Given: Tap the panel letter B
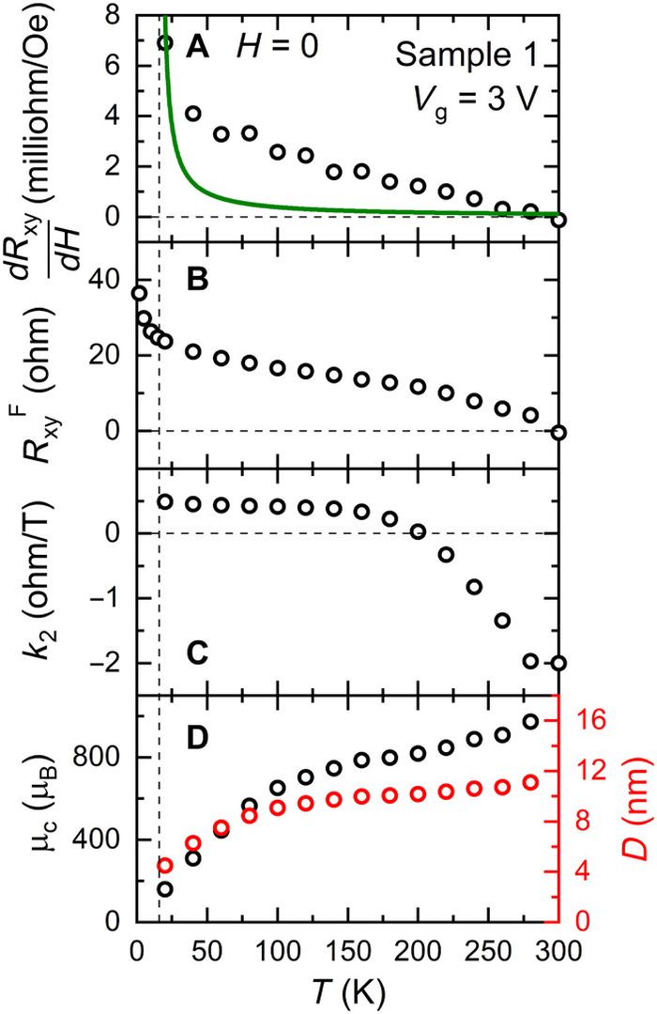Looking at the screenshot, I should click(x=197, y=281).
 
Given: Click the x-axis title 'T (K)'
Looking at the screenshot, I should click(x=348, y=991).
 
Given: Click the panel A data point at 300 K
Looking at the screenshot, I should click(x=559, y=221).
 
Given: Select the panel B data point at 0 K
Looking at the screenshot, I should click(x=139, y=293).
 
